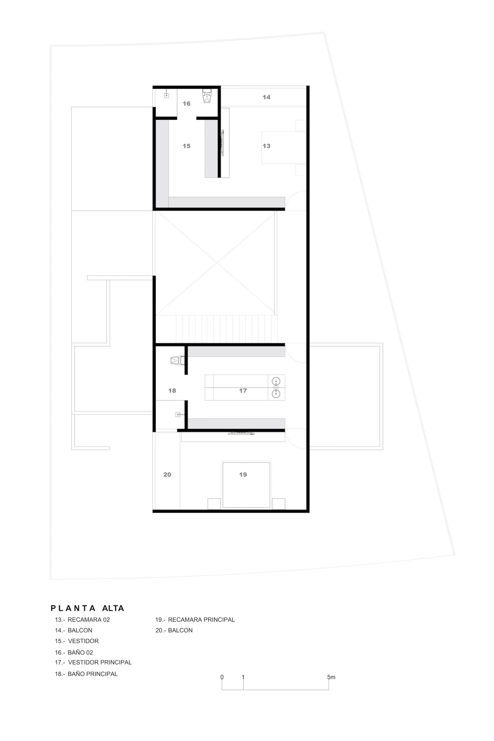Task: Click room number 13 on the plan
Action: pyautogui.click(x=266, y=146)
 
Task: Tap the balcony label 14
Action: pyautogui.click(x=266, y=97)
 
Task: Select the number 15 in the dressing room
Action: pyautogui.click(x=186, y=146)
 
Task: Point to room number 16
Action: pyautogui.click(x=186, y=103)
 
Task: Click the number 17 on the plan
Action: pyautogui.click(x=243, y=391)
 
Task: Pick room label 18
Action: pyautogui.click(x=172, y=391)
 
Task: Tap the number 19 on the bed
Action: pyautogui.click(x=243, y=475)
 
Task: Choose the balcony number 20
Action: pyautogui.click(x=167, y=475)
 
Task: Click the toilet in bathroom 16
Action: pyautogui.click(x=207, y=96)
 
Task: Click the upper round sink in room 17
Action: pyautogui.click(x=276, y=381)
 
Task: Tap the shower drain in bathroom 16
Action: pyautogui.click(x=166, y=95)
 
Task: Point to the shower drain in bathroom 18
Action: pyautogui.click(x=178, y=415)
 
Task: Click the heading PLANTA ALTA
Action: pyautogui.click(x=88, y=608)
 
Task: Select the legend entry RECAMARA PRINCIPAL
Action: pyautogui.click(x=202, y=620)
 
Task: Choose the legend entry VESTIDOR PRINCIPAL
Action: pyautogui.click(x=100, y=662)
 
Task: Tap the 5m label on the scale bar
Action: pyautogui.click(x=331, y=677)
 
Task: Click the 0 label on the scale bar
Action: pyautogui.click(x=222, y=677)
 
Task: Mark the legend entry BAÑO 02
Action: pyautogui.click(x=80, y=652)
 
